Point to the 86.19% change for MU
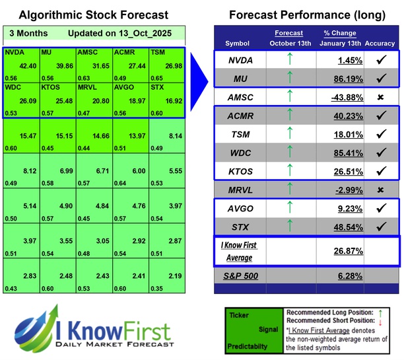[340, 79]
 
